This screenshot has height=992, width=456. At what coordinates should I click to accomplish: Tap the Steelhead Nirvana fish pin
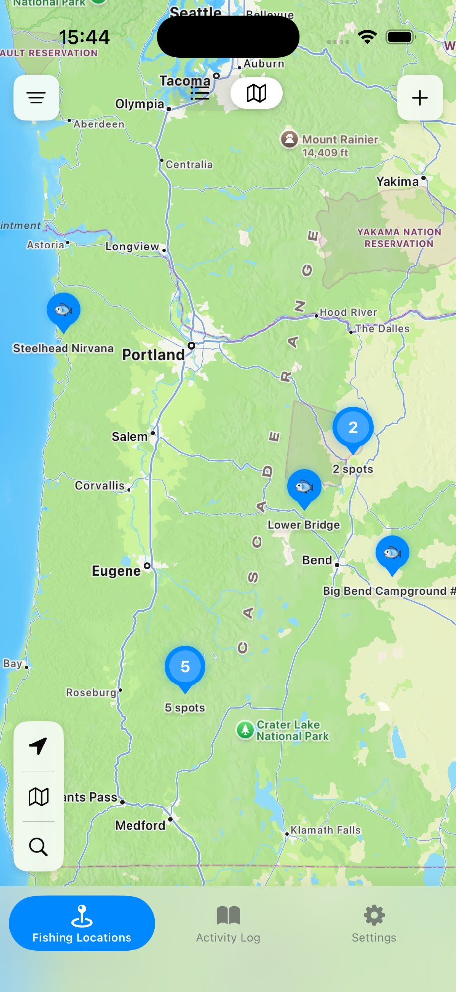tap(64, 310)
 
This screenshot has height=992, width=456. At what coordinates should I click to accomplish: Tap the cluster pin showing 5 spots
tap(185, 667)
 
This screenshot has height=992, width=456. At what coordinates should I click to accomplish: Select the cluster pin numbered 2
tap(353, 428)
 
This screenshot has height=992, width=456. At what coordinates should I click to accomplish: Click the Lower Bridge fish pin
tap(304, 487)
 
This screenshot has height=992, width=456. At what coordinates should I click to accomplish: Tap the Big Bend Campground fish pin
tap(392, 553)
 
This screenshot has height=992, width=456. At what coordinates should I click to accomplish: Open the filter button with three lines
tap(36, 98)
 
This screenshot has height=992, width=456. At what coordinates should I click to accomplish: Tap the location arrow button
tap(38, 746)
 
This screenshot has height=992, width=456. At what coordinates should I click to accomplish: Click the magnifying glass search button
tap(38, 847)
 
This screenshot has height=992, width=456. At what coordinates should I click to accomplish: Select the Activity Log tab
tap(228, 924)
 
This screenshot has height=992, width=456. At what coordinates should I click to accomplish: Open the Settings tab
tap(374, 924)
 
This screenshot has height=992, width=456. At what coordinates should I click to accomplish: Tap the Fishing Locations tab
tap(82, 924)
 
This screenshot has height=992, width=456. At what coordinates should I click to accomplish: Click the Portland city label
tap(153, 355)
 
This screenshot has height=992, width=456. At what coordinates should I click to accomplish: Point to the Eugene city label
tap(117, 571)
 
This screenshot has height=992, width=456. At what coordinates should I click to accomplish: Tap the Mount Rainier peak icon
tap(289, 139)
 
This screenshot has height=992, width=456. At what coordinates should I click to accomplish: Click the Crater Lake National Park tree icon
tap(245, 730)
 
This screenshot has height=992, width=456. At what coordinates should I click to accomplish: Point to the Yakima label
tap(397, 182)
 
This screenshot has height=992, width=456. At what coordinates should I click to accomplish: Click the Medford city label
tap(140, 825)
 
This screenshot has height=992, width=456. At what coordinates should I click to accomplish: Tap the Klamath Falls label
tap(326, 830)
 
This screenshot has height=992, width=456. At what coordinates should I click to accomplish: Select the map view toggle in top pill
tap(257, 93)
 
